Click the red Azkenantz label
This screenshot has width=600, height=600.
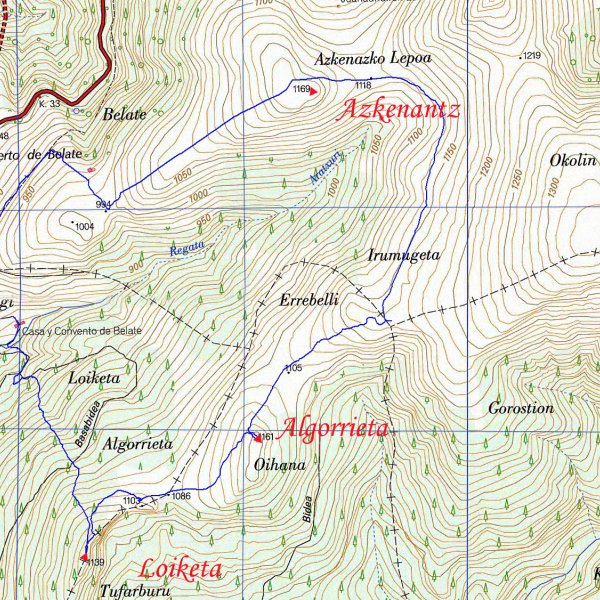(400, 110)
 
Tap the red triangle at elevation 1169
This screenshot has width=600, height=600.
(312, 91)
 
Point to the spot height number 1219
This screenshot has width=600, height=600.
(531, 55)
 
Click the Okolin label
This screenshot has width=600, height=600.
(572, 161)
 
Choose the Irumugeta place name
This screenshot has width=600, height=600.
(404, 255)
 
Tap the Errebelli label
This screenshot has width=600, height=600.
(309, 300)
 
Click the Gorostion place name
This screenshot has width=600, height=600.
(520, 408)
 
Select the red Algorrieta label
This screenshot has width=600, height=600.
(335, 430)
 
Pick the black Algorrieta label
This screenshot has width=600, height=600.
(139, 443)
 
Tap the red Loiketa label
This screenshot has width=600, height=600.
(181, 570)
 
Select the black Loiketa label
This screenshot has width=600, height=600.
(94, 378)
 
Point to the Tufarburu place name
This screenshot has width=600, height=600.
(131, 590)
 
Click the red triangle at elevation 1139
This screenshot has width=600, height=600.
(84, 558)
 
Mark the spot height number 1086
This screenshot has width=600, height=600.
(181, 495)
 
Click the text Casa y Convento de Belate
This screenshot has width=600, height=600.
(82, 330)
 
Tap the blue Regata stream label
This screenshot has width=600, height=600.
(187, 246)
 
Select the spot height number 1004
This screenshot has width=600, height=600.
(84, 227)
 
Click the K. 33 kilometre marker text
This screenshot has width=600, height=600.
(49, 103)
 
